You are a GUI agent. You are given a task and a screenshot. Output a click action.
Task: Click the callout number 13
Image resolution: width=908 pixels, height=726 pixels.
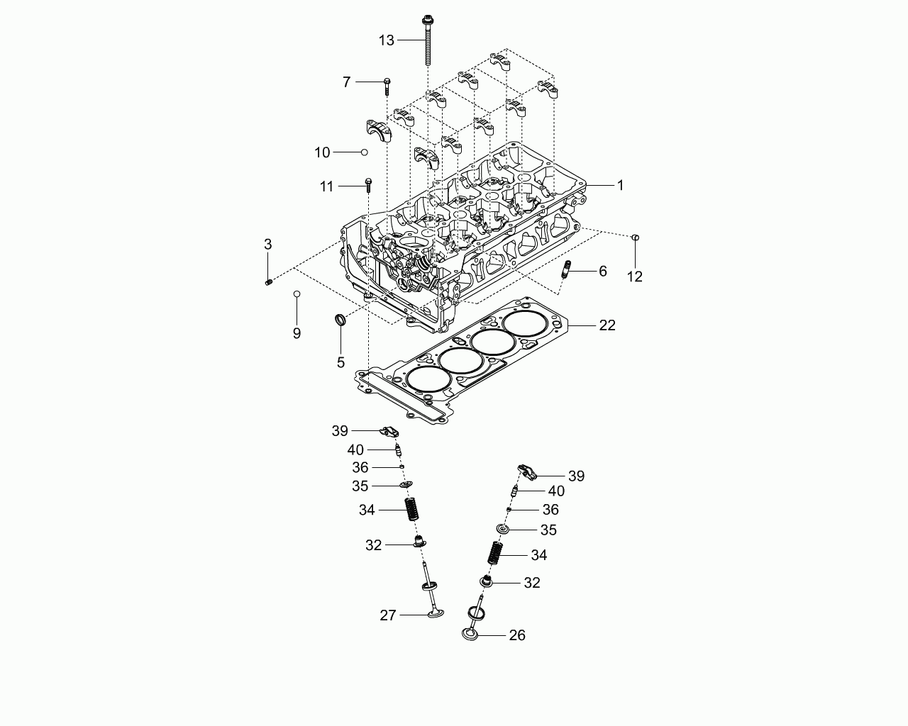point(386,40)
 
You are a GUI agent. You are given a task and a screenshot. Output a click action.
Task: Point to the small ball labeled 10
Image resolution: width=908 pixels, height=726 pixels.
point(364,152)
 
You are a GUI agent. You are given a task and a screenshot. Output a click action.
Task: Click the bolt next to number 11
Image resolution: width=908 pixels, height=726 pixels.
point(368,185)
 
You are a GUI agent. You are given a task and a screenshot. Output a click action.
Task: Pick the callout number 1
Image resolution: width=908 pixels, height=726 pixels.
point(620,185)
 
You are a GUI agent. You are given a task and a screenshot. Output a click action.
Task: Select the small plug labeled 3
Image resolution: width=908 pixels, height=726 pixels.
point(268,282)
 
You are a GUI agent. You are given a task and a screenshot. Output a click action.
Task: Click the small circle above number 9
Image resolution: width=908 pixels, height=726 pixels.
point(297,294)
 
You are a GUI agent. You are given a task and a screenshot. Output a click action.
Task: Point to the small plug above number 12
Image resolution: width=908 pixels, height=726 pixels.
point(635,238)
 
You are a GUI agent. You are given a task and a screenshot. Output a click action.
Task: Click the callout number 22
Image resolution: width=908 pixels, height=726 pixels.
point(607,325)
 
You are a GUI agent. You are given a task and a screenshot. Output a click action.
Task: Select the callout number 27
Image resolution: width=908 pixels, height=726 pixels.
point(388,615)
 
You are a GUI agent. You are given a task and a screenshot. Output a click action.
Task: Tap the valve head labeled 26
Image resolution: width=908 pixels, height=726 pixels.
point(470,635)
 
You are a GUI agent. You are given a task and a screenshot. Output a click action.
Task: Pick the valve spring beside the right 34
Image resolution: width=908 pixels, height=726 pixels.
point(495,552)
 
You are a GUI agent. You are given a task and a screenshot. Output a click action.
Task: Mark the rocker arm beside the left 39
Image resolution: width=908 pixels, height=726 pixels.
point(389,432)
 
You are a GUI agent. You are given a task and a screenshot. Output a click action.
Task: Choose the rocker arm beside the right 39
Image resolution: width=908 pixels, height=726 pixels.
point(527,471)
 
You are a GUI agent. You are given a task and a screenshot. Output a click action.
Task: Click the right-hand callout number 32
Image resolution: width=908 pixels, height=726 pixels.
point(531,583)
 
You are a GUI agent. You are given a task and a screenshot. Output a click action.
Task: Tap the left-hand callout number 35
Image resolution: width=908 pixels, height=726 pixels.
point(360,486)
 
